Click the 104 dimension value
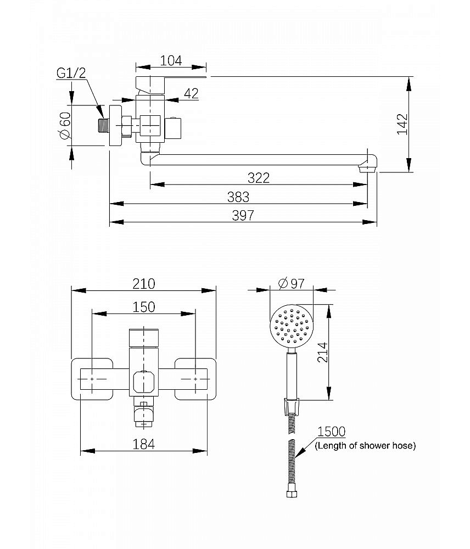tap(171, 60)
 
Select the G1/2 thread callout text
tap(71, 73)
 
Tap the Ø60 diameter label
tap(65, 125)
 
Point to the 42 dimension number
tap(191, 93)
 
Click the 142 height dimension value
tap(402, 124)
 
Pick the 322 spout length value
tap(259, 178)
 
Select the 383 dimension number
tap(238, 197)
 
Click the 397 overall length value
tap(243, 215)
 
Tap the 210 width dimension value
tap(144, 284)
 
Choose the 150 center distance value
tap(144, 307)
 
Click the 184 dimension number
tap(144, 444)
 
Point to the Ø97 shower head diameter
tap(291, 283)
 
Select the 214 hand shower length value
tap(322, 352)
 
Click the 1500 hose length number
tap(331, 432)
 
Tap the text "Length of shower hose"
tap(365, 446)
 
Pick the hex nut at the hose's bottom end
tap(292, 494)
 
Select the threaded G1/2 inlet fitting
tap(103, 126)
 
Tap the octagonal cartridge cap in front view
tap(144, 382)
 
